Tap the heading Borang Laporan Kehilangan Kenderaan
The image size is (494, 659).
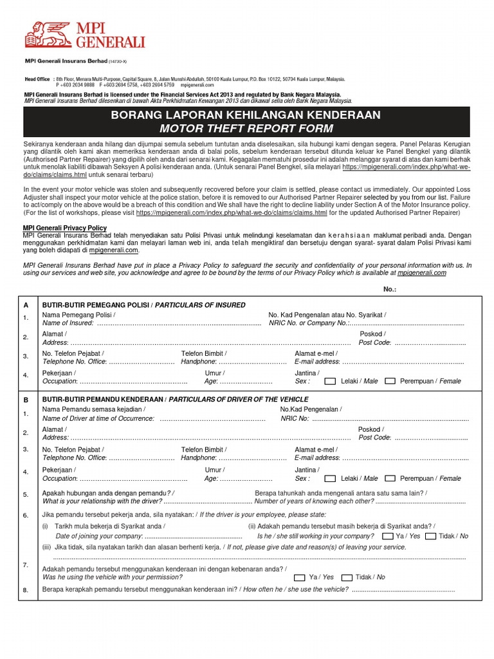[x=246, y=115]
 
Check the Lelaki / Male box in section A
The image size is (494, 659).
[x=330, y=381]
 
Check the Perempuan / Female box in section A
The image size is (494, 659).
[x=390, y=381]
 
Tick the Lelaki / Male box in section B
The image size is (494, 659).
[x=330, y=479]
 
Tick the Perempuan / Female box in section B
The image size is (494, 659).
[x=390, y=479]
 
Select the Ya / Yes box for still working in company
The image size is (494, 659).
[x=388, y=536]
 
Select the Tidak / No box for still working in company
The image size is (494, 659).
[x=431, y=536]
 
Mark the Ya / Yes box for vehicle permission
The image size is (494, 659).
[x=301, y=577]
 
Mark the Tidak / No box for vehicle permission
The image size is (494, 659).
[x=347, y=577]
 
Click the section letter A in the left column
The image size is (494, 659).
[x=26, y=304]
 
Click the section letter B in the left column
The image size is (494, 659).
[x=26, y=400]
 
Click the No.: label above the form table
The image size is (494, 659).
[x=390, y=290]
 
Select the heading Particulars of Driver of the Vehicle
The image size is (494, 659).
[x=239, y=400]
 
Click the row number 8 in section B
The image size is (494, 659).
[x=26, y=590]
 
